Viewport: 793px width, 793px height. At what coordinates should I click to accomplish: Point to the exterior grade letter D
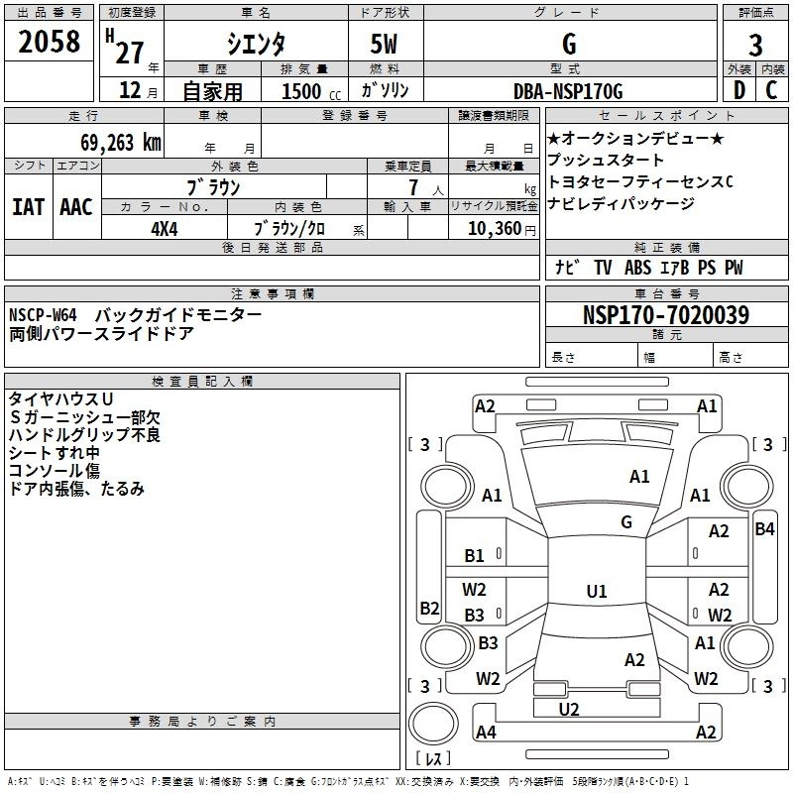click(738, 90)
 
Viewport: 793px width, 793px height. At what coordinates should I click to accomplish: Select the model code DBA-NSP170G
click(568, 91)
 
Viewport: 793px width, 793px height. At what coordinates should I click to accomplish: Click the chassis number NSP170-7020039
click(666, 315)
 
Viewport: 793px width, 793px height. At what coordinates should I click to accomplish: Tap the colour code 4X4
click(164, 227)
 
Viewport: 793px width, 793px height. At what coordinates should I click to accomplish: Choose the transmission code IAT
click(28, 206)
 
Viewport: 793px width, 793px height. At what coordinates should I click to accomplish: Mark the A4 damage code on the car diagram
click(485, 733)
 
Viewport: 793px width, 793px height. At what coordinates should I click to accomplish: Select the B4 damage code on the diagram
click(764, 529)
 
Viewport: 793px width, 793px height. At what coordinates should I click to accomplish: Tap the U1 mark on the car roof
click(596, 591)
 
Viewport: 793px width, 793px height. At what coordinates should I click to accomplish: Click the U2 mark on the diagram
click(568, 709)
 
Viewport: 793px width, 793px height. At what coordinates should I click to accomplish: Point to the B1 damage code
click(475, 556)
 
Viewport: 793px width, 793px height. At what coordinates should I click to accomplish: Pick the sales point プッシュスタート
click(606, 160)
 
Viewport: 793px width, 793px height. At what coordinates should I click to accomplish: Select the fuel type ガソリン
click(386, 91)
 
